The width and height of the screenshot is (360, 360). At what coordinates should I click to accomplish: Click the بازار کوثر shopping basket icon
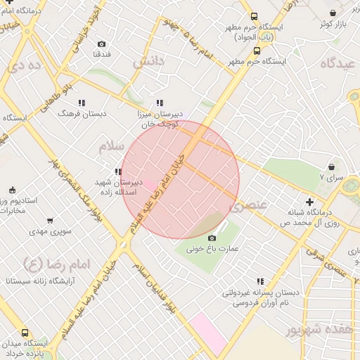point(333,13)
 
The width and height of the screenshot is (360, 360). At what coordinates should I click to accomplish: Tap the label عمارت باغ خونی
point(213,248)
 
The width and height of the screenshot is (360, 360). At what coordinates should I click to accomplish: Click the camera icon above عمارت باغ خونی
point(212,238)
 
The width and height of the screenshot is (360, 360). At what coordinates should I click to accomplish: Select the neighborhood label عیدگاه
point(340,63)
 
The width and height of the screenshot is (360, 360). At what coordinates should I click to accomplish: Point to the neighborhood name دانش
point(148,61)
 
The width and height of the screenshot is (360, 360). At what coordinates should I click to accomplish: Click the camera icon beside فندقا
point(101,44)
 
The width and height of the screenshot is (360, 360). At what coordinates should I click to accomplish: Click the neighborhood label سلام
point(110,147)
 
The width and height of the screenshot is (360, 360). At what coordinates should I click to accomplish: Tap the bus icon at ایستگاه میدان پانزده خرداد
point(26,333)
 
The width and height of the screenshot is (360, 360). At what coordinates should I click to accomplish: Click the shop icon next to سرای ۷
point(330,167)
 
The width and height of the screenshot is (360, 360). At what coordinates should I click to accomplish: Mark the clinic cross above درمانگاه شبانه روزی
point(309,202)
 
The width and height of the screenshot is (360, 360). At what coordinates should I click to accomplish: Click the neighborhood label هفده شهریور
point(316,329)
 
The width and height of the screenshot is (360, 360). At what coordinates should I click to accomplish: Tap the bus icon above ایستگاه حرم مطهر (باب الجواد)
point(254,15)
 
